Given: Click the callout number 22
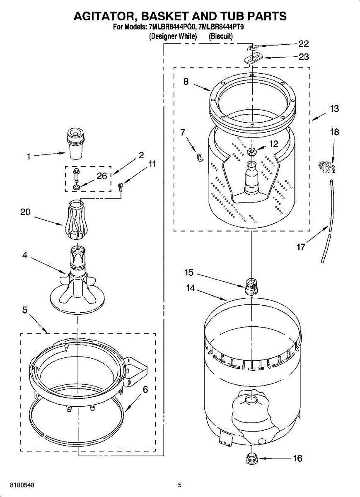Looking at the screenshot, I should tap(304, 44).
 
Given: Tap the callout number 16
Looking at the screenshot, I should tap(297, 458).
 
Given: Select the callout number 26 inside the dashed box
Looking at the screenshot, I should tap(102, 176).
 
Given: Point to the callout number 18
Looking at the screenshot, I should tap(334, 132).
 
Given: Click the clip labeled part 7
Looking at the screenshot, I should tap(199, 157).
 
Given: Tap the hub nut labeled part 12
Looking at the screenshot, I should tap(251, 151).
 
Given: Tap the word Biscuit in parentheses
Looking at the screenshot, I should tap(220, 36).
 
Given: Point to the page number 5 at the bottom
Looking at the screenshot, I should tap(179, 485).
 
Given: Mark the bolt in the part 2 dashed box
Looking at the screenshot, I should tap(76, 175).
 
